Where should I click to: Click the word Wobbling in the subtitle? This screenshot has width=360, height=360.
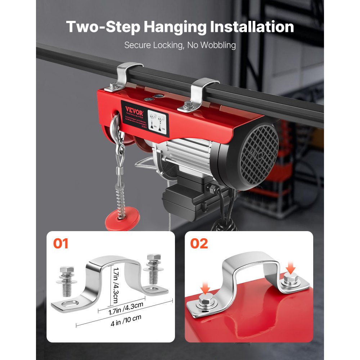pos(218,45)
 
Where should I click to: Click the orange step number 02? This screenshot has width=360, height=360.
pos(199,244)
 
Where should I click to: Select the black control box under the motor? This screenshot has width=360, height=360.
pos(187,202)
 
